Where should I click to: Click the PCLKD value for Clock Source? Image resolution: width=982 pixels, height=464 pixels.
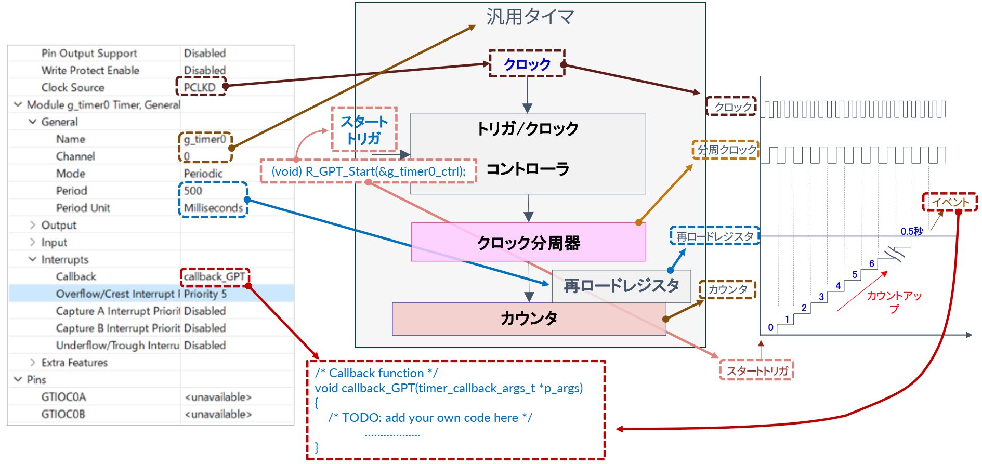tap(200, 87)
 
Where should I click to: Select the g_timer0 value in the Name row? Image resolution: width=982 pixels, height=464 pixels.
tap(205, 139)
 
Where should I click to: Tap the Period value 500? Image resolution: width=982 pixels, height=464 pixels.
tap(193, 191)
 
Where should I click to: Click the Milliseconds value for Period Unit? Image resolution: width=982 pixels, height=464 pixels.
tap(213, 208)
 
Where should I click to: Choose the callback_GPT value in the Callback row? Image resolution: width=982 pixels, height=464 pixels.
tap(214, 277)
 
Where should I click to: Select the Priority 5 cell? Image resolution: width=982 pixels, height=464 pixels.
tap(205, 294)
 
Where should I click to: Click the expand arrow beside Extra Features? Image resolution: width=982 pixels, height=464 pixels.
tap(33, 363)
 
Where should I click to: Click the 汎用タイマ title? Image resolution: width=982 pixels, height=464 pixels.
tap(530, 17)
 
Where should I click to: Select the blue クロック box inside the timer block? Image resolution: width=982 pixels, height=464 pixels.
tap(527, 64)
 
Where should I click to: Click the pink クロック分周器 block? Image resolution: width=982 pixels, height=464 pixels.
tap(528, 242)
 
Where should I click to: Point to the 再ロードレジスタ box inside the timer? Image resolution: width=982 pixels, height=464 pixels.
tap(621, 286)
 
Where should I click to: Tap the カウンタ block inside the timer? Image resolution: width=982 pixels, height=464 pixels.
tap(529, 319)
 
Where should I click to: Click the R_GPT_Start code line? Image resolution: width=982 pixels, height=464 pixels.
tap(368, 171)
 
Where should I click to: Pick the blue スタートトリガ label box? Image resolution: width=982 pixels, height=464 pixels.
tap(364, 130)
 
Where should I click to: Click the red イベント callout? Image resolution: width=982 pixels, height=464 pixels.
tap(950, 202)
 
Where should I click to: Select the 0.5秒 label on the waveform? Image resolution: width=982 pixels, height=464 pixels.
tap(911, 231)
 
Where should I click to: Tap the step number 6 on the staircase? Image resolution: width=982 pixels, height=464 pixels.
tap(872, 263)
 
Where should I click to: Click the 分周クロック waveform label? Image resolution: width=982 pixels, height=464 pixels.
tap(726, 150)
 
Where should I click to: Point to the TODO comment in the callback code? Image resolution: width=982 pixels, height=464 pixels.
tap(430, 418)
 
